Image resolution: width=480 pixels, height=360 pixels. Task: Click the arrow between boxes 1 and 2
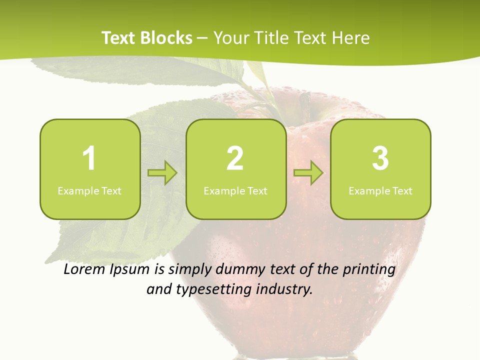click(162, 173)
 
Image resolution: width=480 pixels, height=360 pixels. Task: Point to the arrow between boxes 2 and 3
click(308, 173)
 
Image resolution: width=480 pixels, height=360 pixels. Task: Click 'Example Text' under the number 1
click(89, 190)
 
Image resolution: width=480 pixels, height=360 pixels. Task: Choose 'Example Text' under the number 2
click(235, 190)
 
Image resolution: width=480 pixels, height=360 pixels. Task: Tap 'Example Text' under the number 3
click(380, 190)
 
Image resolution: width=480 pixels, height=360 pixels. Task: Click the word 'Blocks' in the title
click(165, 38)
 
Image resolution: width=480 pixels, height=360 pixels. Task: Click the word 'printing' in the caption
click(368, 270)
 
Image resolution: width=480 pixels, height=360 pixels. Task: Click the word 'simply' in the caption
click(189, 270)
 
